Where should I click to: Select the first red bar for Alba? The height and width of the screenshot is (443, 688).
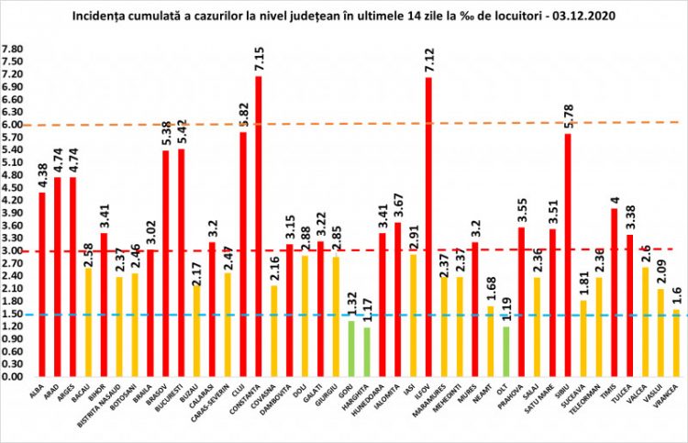click(42, 284)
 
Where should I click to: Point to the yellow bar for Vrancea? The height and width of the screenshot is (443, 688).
click(676, 343)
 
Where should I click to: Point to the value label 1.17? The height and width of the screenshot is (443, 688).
click(368, 310)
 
